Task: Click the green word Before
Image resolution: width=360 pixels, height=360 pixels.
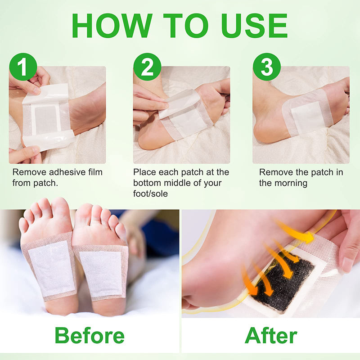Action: tap(90, 336)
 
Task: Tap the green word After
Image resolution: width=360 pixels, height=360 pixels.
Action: tap(271, 336)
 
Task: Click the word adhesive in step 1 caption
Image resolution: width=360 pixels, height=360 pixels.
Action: tap(62, 172)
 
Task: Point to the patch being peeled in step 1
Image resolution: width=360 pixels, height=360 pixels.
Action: tap(47, 117)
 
